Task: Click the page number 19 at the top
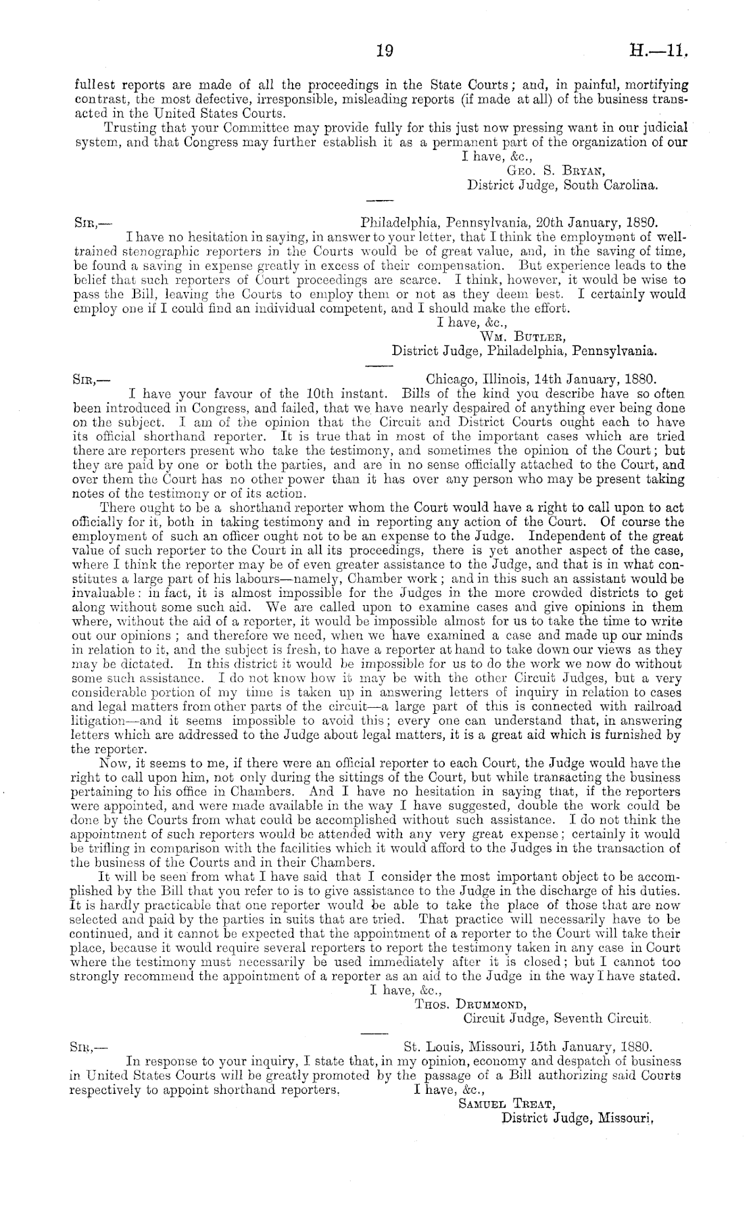383,51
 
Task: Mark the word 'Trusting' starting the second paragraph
126,127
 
